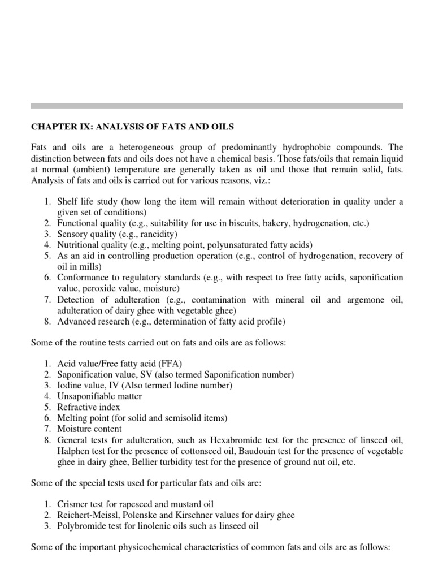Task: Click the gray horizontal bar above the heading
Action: (217, 106)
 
